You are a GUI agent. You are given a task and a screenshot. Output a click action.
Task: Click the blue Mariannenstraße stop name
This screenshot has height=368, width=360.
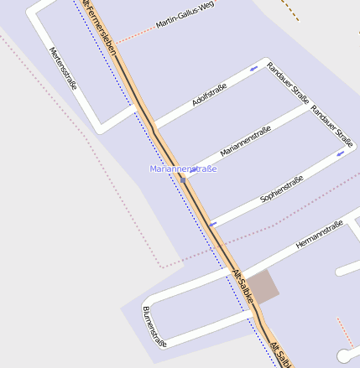click(x=183, y=169)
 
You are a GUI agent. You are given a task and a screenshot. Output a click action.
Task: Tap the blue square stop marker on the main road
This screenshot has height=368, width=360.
click(x=182, y=179)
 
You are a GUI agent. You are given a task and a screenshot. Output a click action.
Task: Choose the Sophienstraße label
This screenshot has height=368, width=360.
click(x=281, y=190)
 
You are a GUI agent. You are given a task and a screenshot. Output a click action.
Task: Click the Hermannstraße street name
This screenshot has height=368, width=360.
click(x=319, y=236)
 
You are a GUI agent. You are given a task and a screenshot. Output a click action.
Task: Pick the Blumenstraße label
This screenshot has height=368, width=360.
click(x=154, y=326)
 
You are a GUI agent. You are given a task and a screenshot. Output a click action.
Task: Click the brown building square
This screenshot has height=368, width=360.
click(x=261, y=287)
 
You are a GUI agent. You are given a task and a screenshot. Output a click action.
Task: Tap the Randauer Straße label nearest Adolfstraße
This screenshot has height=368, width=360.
click(x=288, y=82)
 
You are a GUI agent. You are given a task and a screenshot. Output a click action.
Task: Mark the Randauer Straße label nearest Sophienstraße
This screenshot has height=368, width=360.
click(x=331, y=122)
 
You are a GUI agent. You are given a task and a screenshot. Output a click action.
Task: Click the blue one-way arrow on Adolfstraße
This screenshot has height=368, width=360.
click(x=253, y=68)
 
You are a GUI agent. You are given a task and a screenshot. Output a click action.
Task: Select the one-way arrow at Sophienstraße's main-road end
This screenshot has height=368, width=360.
click(x=213, y=224)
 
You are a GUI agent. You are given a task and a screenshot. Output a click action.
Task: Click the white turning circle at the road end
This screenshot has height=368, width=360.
click(x=343, y=355)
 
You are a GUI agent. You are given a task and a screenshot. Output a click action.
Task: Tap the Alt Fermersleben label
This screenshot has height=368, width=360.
click(x=100, y=26)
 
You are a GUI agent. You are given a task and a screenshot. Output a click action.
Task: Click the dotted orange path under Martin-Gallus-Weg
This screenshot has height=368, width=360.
click(x=134, y=36)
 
